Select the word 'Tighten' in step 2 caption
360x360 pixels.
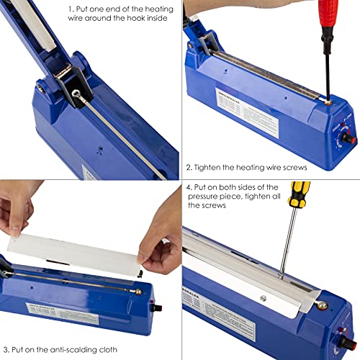click(x=213, y=168)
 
